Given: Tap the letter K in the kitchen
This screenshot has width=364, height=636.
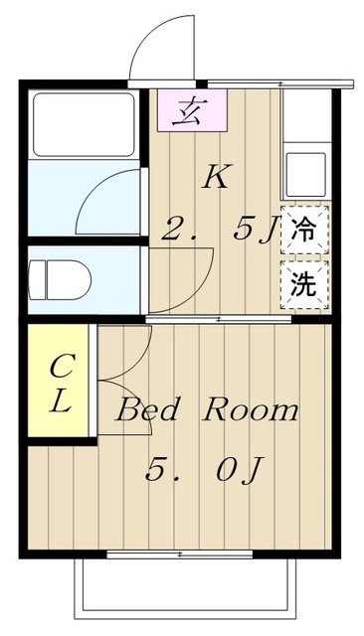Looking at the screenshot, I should (x=216, y=177).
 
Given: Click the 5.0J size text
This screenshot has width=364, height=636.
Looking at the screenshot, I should (x=204, y=469).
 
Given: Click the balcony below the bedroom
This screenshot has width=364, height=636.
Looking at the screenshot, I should (x=184, y=586).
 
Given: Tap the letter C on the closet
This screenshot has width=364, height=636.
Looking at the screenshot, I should (x=59, y=365).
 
